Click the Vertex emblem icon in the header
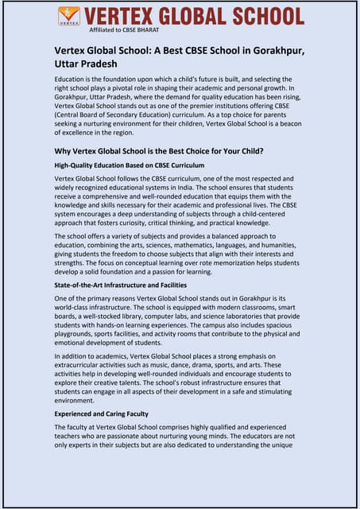(x=69, y=16)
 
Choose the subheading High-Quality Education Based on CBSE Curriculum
(x=130, y=165)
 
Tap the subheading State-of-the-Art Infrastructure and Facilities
(x=120, y=284)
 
